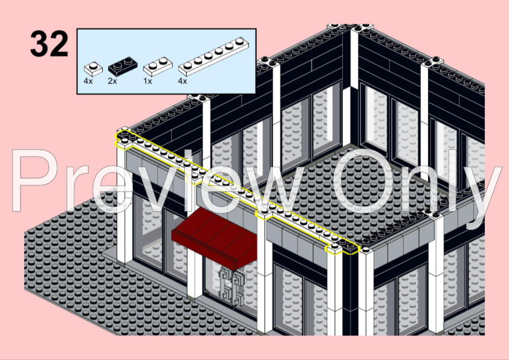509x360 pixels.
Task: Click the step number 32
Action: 49,44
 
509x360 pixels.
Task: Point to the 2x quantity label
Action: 112,80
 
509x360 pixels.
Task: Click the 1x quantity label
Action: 148,80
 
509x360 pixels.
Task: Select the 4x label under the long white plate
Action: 183,80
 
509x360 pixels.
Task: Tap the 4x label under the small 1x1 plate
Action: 89,80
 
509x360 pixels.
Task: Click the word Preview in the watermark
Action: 157,181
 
